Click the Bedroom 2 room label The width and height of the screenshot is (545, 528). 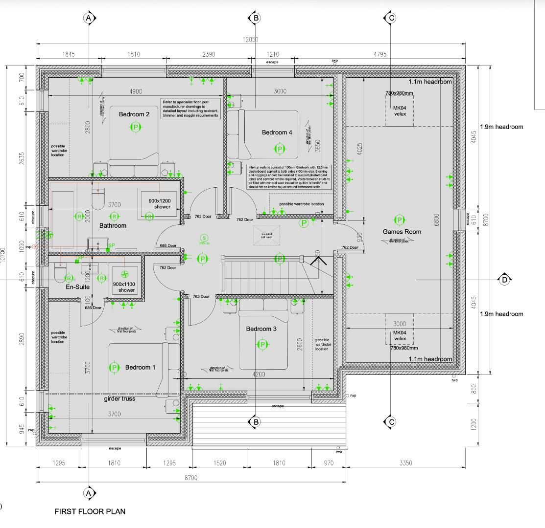tap(134, 114)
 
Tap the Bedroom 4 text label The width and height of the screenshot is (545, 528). tap(277, 132)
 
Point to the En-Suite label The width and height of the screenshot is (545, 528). tap(77, 287)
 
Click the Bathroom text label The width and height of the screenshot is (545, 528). tap(113, 225)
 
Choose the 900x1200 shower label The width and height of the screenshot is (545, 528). tap(156, 203)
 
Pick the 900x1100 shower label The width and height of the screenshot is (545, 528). tap(124, 287)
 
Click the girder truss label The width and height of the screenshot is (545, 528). tap(119, 399)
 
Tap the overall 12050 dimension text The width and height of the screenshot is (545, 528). tap(250, 40)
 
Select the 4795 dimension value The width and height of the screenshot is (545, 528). tap(380, 54)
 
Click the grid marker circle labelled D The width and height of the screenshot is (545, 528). tap(505, 280)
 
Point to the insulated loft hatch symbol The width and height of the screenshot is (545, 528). tap(266, 235)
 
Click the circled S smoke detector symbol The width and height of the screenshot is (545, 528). tap(205, 238)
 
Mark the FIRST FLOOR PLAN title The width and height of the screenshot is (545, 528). tap(90, 511)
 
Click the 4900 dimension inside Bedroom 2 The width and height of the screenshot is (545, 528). tap(136, 91)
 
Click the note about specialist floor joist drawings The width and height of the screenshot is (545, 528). tap(190, 109)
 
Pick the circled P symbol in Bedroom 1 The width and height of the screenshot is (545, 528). tap(114, 368)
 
